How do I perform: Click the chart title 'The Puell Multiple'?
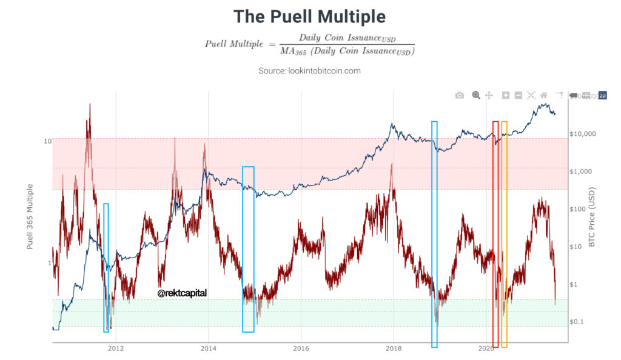click(310, 16)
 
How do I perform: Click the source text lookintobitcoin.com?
click(309, 71)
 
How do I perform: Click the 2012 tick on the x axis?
click(116, 348)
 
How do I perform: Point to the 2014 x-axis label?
click(209, 348)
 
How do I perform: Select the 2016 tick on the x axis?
click(301, 348)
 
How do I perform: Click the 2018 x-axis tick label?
click(394, 348)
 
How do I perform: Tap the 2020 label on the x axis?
click(486, 348)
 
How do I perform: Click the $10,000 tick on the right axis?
click(583, 133)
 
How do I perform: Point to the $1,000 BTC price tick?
click(584, 171)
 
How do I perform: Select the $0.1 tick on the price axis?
click(581, 321)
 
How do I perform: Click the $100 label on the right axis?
click(581, 208)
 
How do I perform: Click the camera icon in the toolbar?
click(460, 95)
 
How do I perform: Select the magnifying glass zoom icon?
click(476, 95)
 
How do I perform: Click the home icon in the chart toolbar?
click(544, 95)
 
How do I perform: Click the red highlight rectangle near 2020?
click(495, 233)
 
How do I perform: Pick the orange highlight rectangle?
click(504, 233)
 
